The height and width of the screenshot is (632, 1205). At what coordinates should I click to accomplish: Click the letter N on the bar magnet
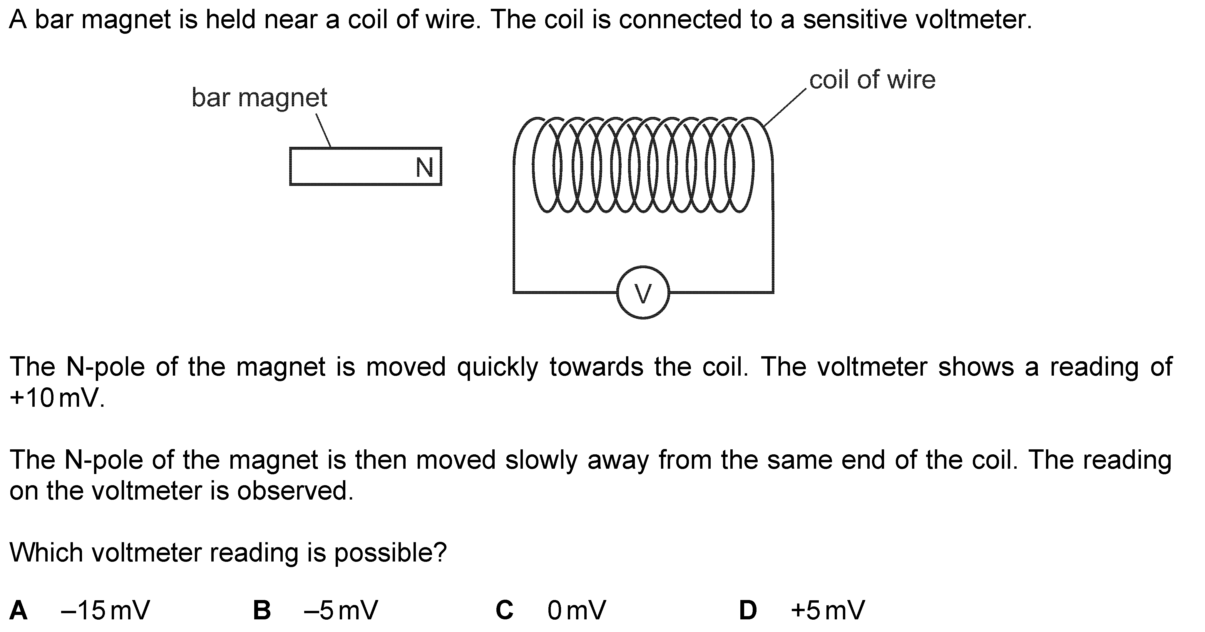(424, 167)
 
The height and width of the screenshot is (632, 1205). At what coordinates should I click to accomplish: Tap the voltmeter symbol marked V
(643, 293)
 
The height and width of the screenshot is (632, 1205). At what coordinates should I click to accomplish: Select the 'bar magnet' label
(259, 98)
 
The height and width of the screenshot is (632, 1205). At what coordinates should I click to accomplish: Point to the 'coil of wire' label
(872, 80)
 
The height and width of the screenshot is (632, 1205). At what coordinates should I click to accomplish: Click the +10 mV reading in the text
(56, 398)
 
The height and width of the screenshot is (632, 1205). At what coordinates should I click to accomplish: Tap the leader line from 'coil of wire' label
(786, 107)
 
